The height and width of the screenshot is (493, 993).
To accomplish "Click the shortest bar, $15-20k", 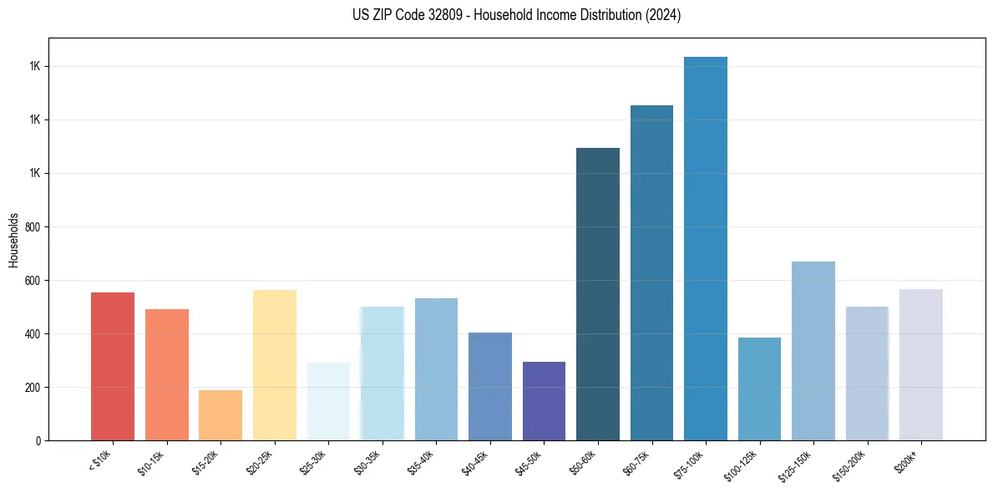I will pos(220,415).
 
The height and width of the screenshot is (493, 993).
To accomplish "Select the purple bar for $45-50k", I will pos(544,401).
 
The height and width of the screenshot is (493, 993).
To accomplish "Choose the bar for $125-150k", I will pos(813,351).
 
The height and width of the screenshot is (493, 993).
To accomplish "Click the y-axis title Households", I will pos(14,239).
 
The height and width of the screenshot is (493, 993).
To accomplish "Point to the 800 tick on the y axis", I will pos(33,226).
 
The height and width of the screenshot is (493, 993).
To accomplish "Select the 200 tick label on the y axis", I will pos(33,387).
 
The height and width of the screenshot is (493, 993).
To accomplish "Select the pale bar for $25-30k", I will pos(328,401).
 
